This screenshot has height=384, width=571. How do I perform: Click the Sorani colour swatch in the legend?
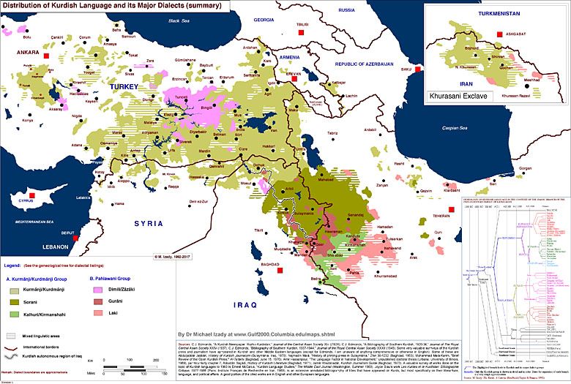pyautogui.click(x=14, y=300)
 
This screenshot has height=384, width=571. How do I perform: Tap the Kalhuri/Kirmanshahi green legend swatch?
pyautogui.click(x=14, y=313)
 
